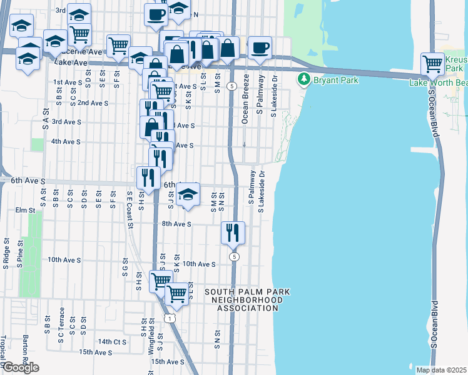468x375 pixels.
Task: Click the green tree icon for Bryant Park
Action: [x=304, y=79]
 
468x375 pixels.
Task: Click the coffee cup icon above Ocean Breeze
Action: [x=260, y=47]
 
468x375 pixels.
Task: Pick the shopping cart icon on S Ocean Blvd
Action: [x=432, y=62]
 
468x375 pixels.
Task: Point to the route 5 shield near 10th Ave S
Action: [x=234, y=257]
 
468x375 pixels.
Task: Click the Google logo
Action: [x=20, y=367]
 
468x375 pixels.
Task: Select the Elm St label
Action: [x=25, y=211]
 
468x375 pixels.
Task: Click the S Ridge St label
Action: [x=6, y=254]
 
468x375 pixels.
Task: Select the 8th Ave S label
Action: [x=176, y=224]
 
